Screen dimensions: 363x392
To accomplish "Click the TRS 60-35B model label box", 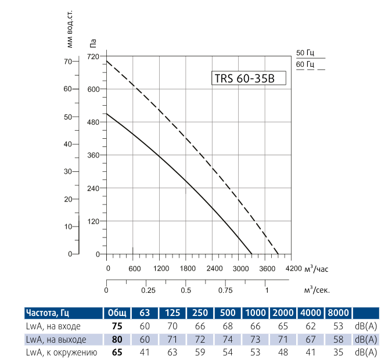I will (248, 79).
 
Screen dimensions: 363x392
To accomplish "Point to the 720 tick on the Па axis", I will (93, 56).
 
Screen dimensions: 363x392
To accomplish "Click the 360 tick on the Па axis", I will (93, 155).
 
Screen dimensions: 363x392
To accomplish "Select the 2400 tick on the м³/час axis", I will (214, 269).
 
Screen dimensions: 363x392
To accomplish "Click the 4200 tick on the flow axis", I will (294, 269).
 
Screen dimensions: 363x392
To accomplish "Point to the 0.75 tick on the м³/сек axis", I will (226, 290).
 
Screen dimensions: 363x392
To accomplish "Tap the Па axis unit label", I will (93, 42).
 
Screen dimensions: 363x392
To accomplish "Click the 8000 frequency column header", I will (339, 312).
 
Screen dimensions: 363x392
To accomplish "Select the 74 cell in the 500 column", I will (228, 339).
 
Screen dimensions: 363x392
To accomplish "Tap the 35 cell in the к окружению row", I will (339, 353).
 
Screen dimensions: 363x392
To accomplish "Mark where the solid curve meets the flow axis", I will (252, 254).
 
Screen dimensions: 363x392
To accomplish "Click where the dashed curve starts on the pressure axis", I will (107, 61).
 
